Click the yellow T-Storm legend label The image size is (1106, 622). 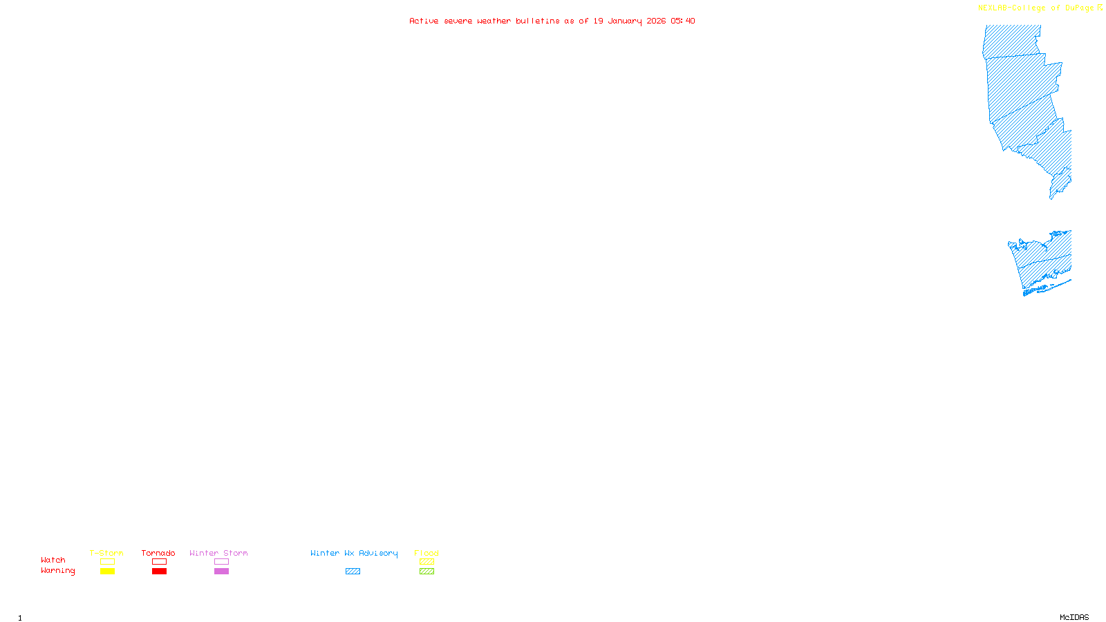coord(106,553)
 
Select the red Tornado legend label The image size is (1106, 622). coord(158,553)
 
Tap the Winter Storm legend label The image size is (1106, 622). coord(218,553)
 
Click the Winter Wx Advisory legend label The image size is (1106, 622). coord(354,553)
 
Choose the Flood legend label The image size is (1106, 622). coord(427,553)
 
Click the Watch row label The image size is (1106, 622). coord(53,560)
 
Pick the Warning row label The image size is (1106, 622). coord(57,571)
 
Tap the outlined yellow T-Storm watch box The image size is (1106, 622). coord(107,562)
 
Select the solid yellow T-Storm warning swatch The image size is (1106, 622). coord(107,572)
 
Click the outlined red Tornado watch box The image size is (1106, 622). coord(159,562)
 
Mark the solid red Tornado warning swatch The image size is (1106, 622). coord(159,572)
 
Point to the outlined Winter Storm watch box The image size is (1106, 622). coord(221,562)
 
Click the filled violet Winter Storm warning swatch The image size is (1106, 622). coord(221,572)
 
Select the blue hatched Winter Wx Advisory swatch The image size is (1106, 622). coord(353,572)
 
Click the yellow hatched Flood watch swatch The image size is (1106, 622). coord(427,562)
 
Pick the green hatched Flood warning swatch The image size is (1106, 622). coord(427,572)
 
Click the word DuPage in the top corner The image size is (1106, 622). coord(1079,8)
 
